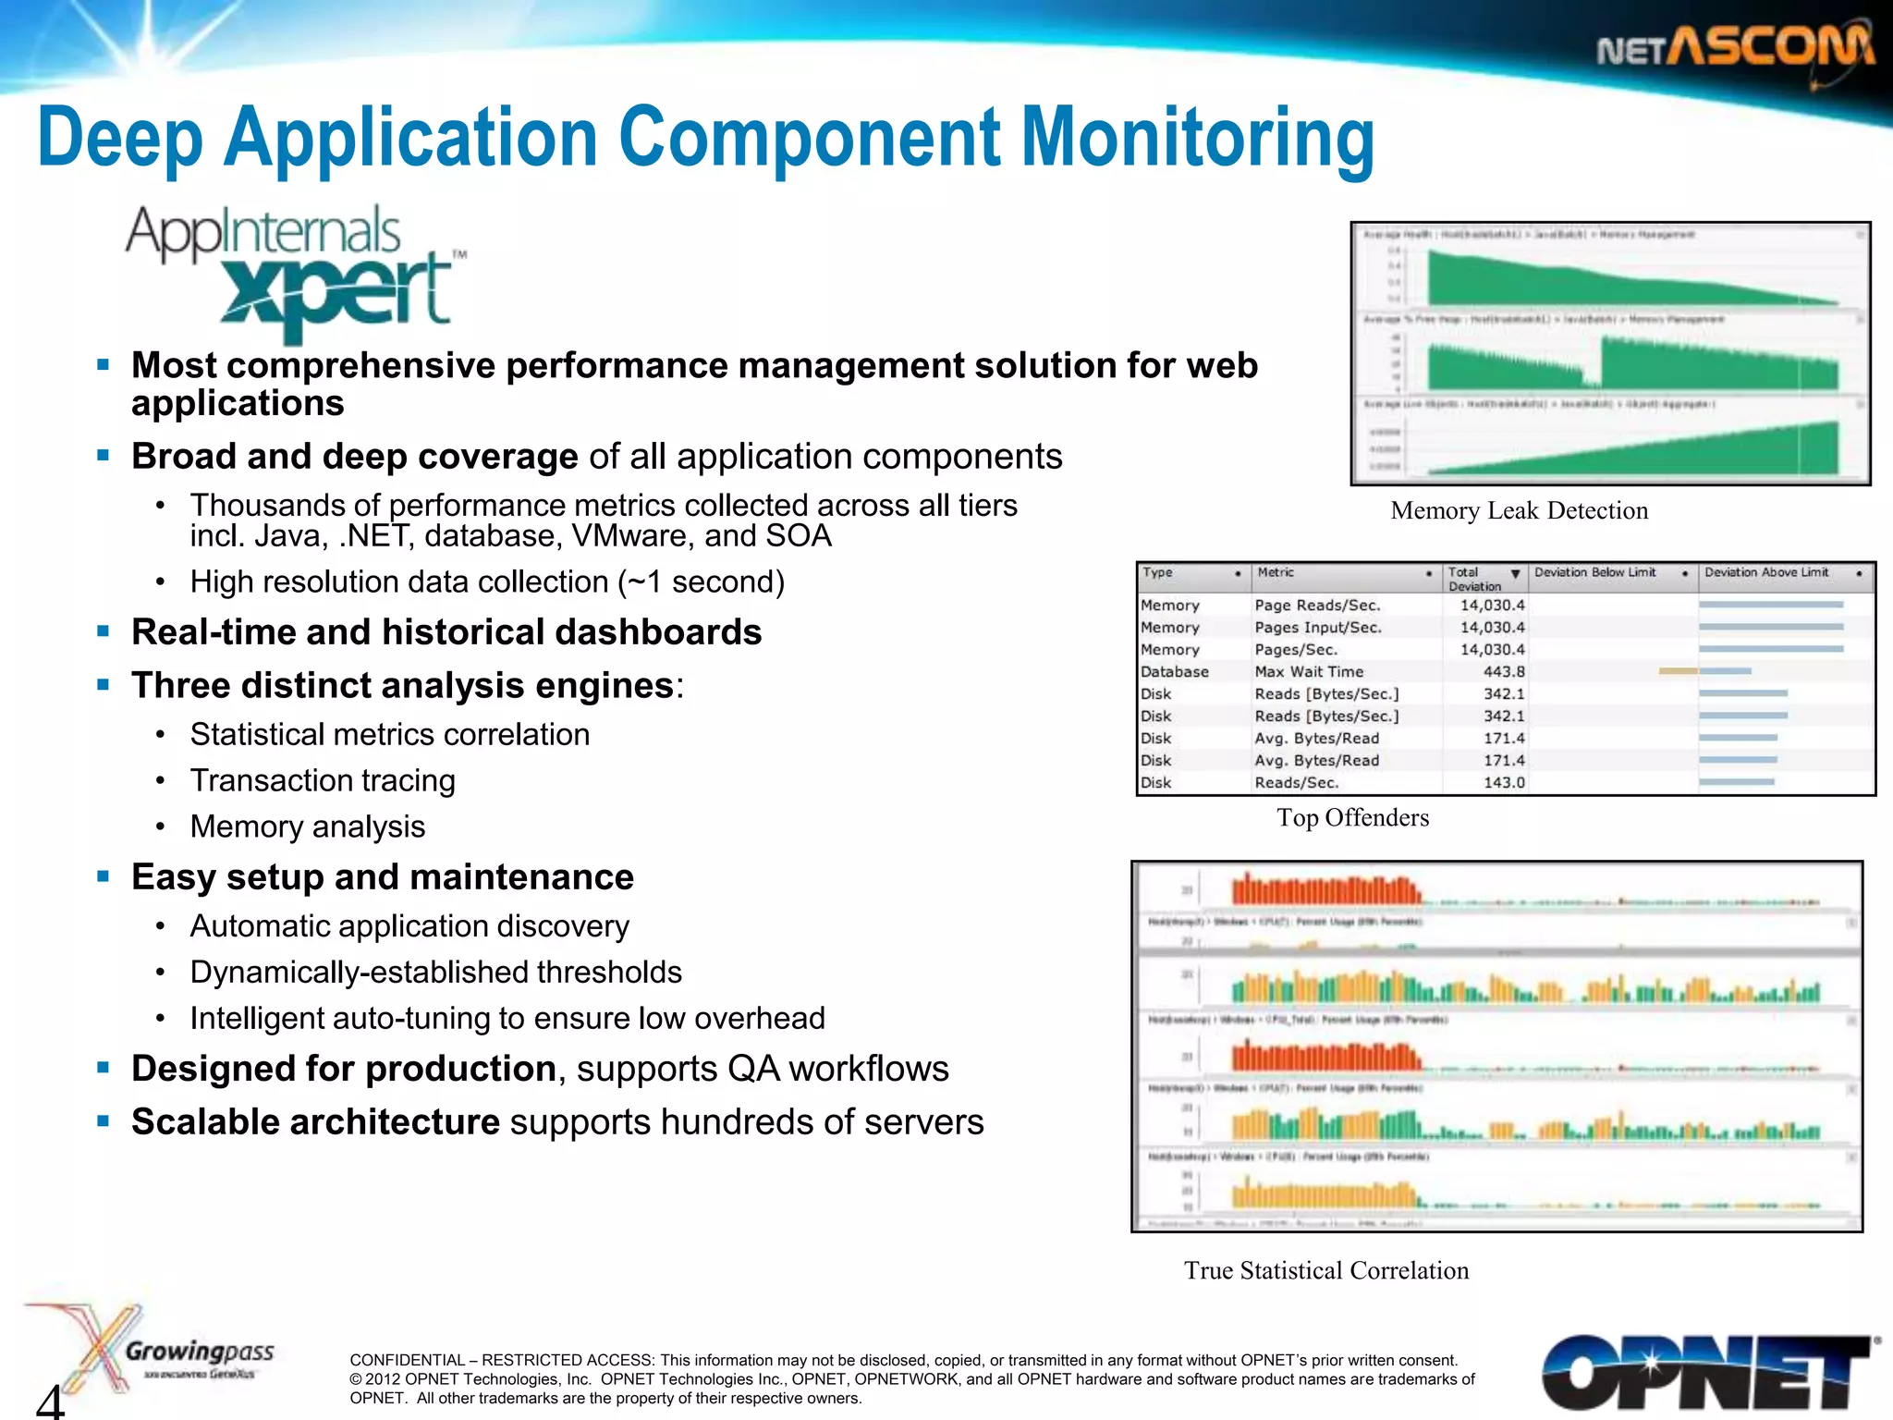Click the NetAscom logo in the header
click(1735, 48)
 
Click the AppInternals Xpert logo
click(296, 270)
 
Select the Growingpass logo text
click(200, 1352)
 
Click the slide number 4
click(51, 1400)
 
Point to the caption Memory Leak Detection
click(1519, 510)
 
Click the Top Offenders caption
click(1352, 817)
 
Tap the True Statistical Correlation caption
click(1326, 1270)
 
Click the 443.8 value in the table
click(1504, 672)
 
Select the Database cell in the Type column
click(1175, 672)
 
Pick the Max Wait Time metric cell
click(1309, 672)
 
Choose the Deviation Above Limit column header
click(1766, 573)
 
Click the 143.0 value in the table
click(1504, 783)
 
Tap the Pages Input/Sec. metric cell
click(1318, 628)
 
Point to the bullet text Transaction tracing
click(323, 780)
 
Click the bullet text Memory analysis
click(308, 826)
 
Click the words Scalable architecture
click(315, 1121)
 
